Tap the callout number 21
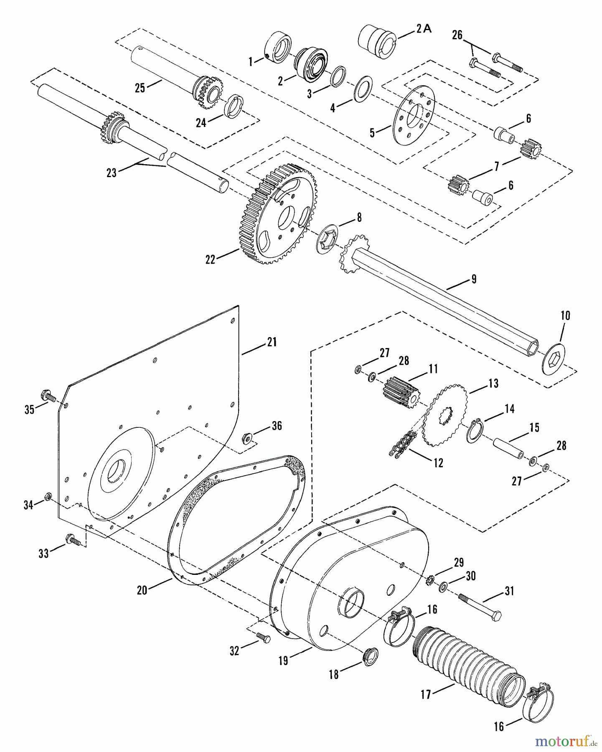point(272,343)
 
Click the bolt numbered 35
point(48,396)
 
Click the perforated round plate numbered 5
point(414,116)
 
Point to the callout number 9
point(474,279)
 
